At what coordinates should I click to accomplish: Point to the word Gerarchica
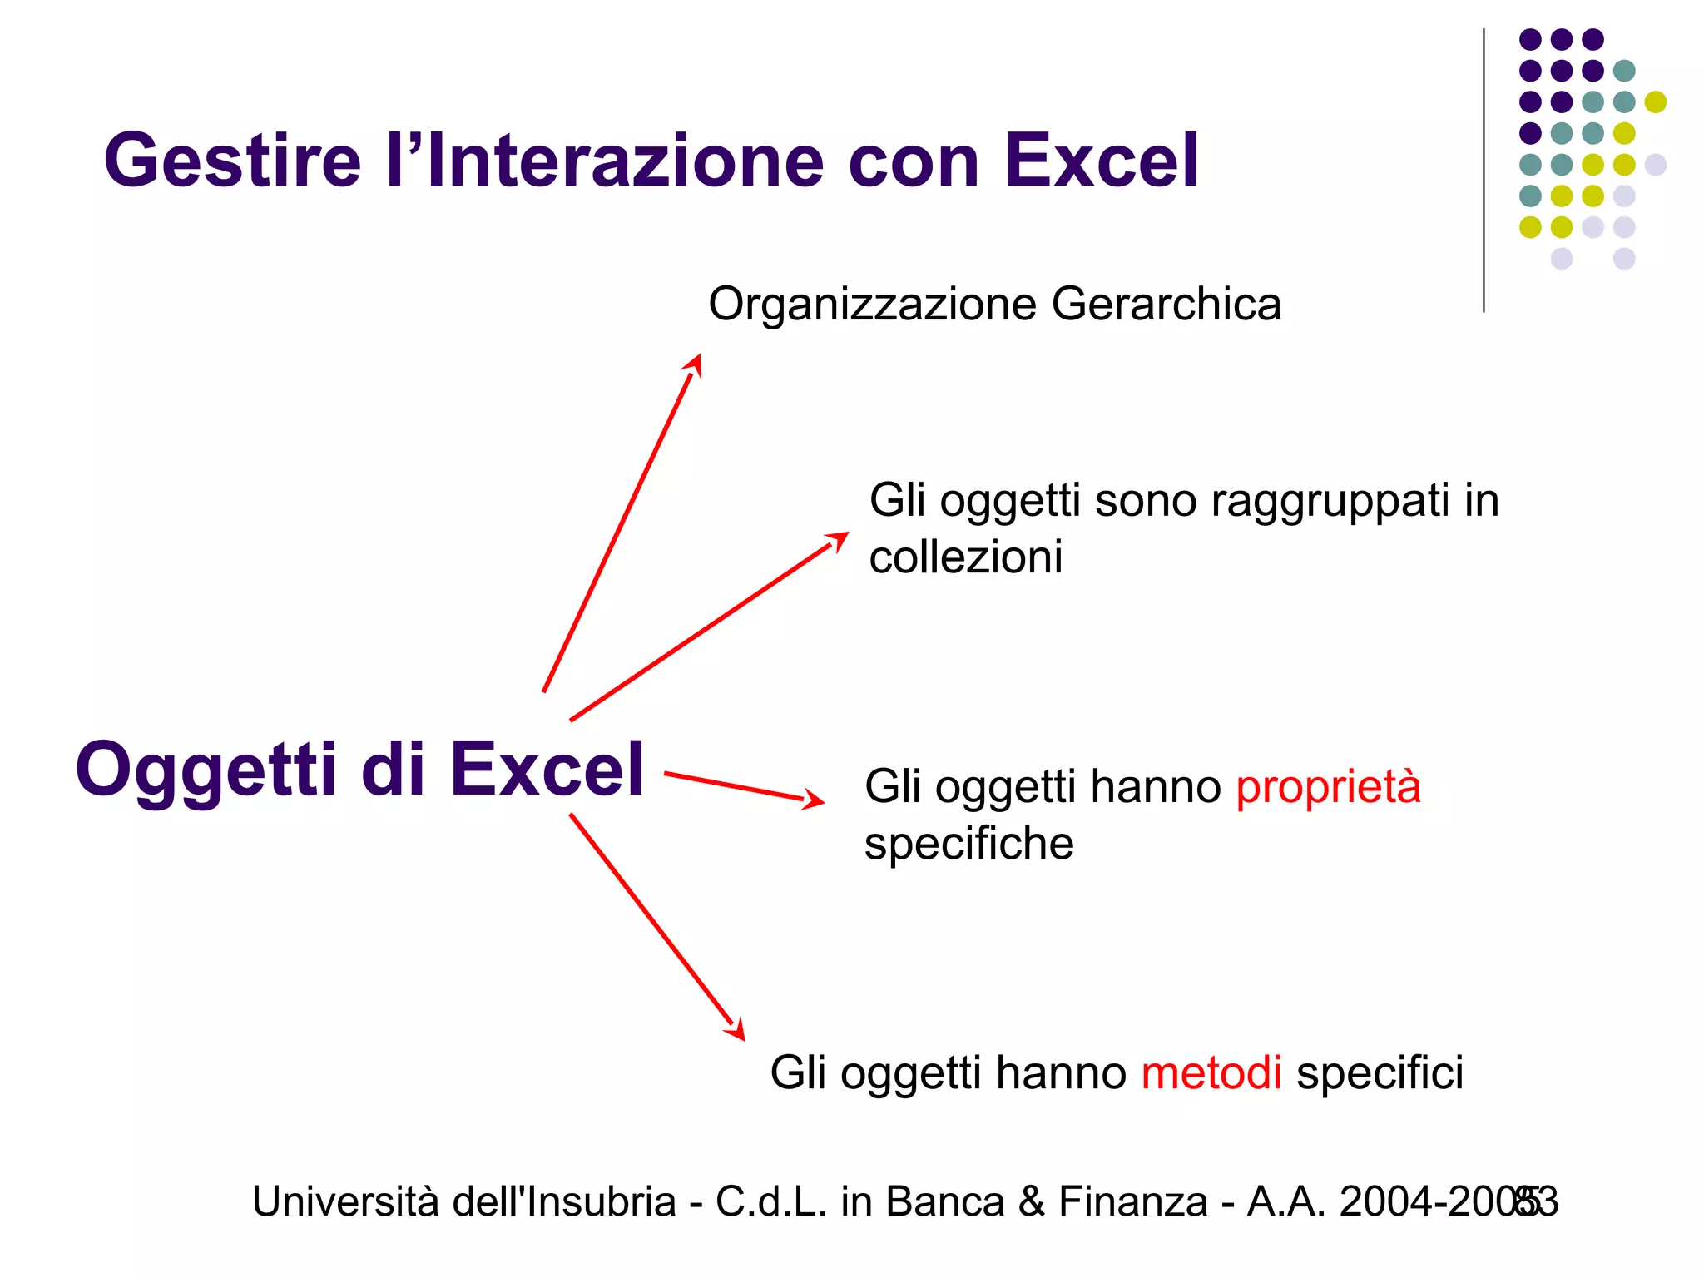[1166, 304]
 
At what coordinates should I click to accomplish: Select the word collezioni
[965, 557]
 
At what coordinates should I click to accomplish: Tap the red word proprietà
[1328, 786]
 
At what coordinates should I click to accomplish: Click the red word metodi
[1211, 1072]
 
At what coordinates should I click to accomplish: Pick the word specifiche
[968, 844]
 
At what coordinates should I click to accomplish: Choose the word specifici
[1380, 1072]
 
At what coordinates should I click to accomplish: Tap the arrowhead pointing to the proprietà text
[813, 800]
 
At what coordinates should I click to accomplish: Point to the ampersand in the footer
[1031, 1202]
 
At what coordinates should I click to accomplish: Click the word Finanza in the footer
[1132, 1202]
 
